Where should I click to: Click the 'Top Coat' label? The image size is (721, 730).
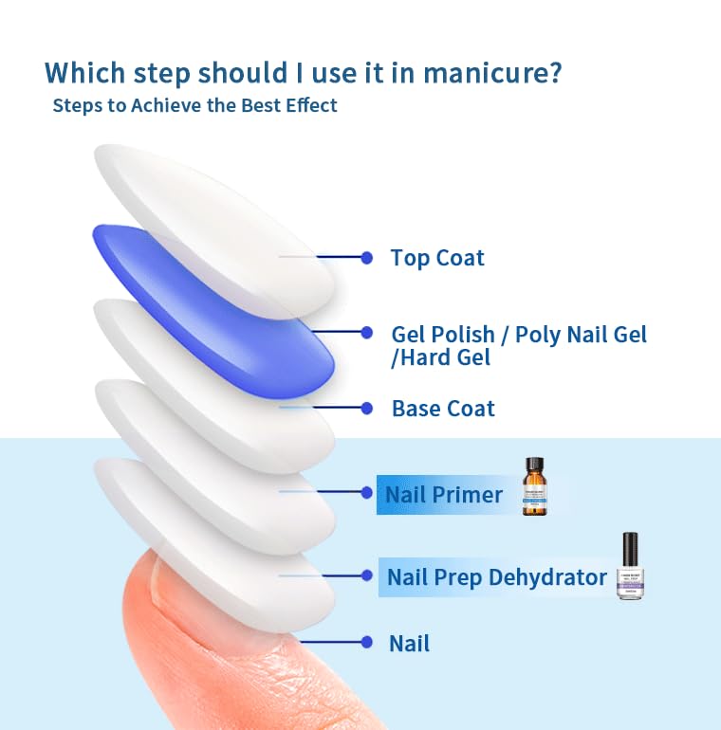pyautogui.click(x=437, y=258)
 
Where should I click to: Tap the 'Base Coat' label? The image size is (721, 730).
pyautogui.click(x=443, y=409)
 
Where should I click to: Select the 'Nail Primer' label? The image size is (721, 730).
pyautogui.click(x=444, y=495)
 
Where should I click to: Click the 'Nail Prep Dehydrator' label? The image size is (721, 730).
pyautogui.click(x=497, y=576)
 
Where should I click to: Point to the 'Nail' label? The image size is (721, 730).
pyautogui.click(x=409, y=644)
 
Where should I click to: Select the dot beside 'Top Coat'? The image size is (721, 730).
pyautogui.click(x=367, y=257)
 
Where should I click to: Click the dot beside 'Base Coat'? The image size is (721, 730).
pyautogui.click(x=367, y=408)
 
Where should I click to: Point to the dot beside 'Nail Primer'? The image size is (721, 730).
pyautogui.click(x=367, y=492)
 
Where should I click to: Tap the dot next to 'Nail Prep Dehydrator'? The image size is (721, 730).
pyautogui.click(x=367, y=575)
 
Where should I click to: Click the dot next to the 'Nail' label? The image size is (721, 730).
pyautogui.click(x=367, y=642)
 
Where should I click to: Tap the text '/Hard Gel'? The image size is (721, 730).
pyautogui.click(x=441, y=358)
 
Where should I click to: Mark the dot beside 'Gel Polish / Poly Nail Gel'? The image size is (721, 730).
pyautogui.click(x=367, y=332)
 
